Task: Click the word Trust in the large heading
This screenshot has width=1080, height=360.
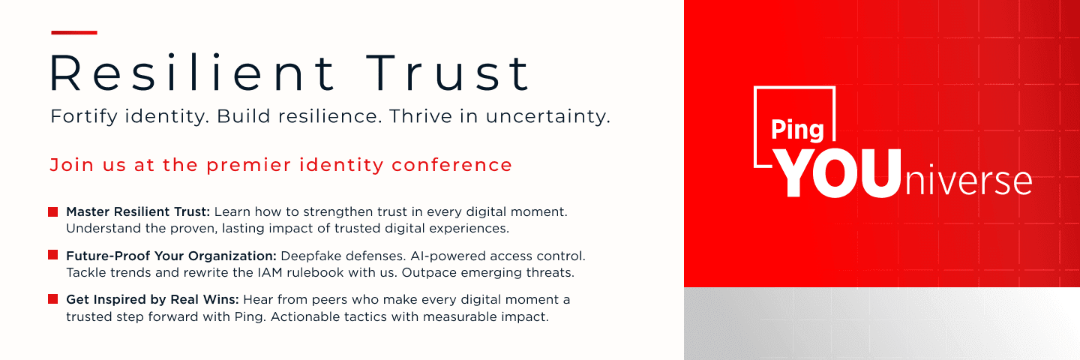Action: point(448,73)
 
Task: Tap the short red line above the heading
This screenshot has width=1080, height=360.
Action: point(74,33)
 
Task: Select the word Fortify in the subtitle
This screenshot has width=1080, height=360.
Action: point(84,117)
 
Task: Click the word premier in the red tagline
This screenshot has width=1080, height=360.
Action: point(249,165)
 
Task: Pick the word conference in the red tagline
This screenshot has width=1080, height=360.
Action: point(451,165)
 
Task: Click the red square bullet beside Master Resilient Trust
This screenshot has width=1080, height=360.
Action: point(53,211)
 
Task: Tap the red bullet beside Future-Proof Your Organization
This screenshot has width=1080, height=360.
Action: point(53,255)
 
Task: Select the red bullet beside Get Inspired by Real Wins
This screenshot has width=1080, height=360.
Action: point(53,298)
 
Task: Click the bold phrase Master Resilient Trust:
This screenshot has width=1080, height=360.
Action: point(138,211)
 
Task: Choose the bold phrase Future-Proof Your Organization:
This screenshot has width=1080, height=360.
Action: point(171,256)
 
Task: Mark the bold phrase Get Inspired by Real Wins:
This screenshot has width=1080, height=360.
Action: point(152,300)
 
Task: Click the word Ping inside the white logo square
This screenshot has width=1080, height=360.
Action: point(797,130)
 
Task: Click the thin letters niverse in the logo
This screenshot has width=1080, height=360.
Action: point(967,181)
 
